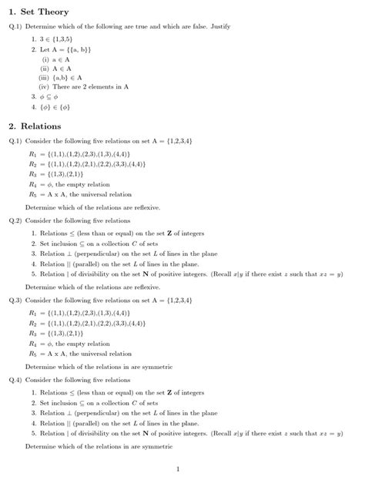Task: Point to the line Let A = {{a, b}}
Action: point(66,49)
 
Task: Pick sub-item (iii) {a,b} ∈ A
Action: point(62,77)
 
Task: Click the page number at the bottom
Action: point(177,469)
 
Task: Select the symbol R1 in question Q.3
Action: point(32,314)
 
